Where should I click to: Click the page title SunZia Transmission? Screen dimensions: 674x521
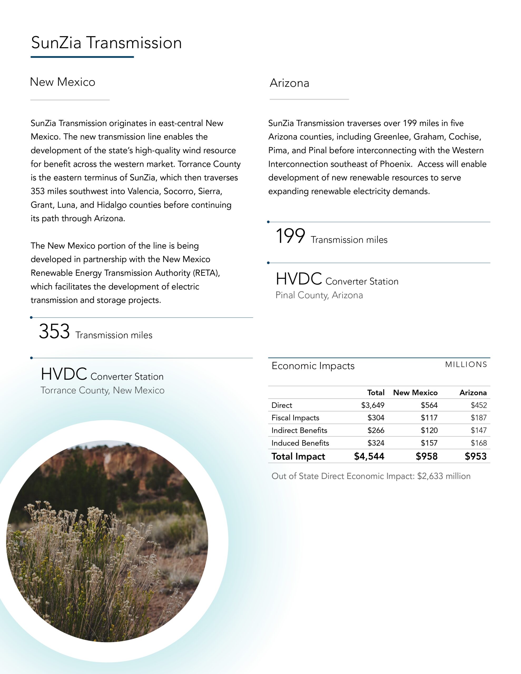[x=106, y=43]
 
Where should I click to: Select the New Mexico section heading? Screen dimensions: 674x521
[x=62, y=82]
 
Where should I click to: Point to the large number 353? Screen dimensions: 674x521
[x=54, y=331]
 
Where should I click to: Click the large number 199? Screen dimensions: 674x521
[x=290, y=236]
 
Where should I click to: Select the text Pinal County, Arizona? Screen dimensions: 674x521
[x=319, y=295]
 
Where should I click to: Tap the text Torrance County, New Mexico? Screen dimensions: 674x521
[x=102, y=390]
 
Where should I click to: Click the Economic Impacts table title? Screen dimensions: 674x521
[x=313, y=366]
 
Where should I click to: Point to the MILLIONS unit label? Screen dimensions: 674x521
[x=466, y=364]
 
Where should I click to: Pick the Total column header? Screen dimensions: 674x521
[x=376, y=393]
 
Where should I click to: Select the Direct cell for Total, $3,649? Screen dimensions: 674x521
[x=372, y=405]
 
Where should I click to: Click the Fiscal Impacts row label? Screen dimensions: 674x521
[x=295, y=418]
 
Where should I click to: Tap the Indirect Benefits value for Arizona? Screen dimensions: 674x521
[x=478, y=430]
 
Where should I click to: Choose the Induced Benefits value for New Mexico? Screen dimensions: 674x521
[x=429, y=443]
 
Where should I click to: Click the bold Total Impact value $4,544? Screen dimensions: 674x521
[x=369, y=457]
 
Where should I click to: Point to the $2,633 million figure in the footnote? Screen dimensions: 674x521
[x=444, y=476]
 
